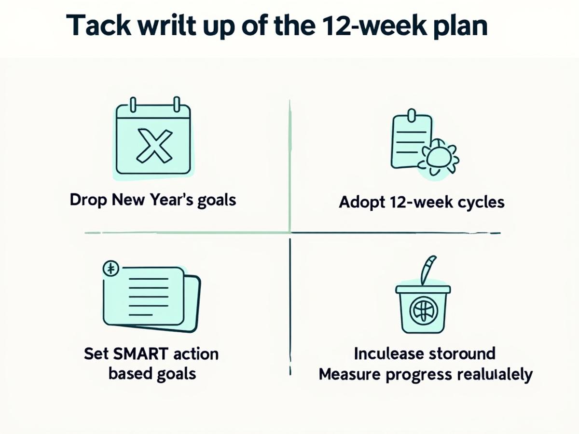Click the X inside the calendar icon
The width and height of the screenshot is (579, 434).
[x=154, y=144]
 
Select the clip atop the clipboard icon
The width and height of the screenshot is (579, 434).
[x=412, y=116]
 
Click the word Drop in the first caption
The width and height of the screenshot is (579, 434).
[x=88, y=200]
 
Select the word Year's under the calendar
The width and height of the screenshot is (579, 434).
[x=167, y=200]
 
